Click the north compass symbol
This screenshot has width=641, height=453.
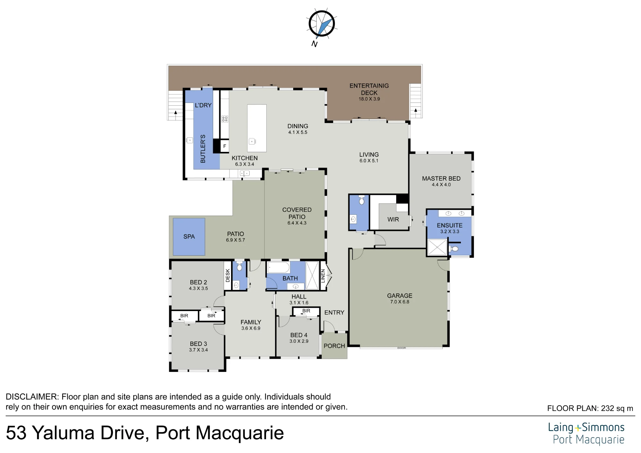tap(321, 24)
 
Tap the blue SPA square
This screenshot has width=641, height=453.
tap(189, 237)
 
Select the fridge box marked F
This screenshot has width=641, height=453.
tap(225, 146)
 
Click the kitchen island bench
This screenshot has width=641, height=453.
tap(257, 128)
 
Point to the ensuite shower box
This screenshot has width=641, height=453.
tap(437, 247)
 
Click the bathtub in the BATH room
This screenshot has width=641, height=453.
tap(279, 268)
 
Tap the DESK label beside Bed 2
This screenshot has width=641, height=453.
tap(228, 276)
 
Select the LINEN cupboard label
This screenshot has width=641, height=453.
tap(323, 276)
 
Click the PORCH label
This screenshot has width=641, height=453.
tap(334, 346)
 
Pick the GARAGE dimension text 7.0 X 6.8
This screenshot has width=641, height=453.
tap(400, 302)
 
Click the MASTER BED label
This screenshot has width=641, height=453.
tap(441, 178)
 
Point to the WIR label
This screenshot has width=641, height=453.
tap(393, 219)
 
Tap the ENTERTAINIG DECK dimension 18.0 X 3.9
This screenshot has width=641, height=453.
tap(369, 99)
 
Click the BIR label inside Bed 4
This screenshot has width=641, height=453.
tap(306, 311)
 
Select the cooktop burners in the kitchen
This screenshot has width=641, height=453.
tap(225, 119)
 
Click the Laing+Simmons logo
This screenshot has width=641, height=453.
tap(586, 433)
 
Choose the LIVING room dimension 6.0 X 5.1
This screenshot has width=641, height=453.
tap(369, 161)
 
